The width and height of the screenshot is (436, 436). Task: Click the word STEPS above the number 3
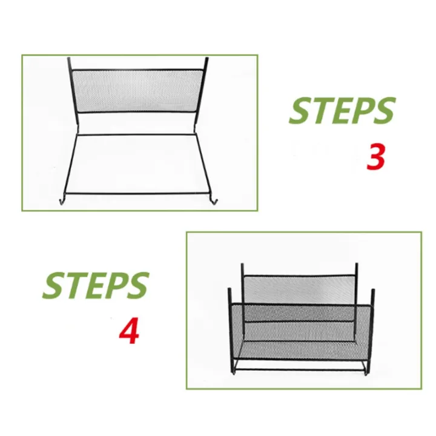[342, 111]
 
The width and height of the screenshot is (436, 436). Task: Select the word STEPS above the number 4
[95, 285]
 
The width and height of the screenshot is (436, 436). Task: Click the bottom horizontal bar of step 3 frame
[138, 194]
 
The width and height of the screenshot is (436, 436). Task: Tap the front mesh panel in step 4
[300, 330]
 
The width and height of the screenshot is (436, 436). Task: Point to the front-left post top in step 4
[230, 291]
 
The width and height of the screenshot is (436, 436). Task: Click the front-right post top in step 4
[373, 292]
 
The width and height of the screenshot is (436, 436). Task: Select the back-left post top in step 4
[242, 266]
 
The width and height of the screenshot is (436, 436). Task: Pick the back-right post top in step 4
[357, 266]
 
